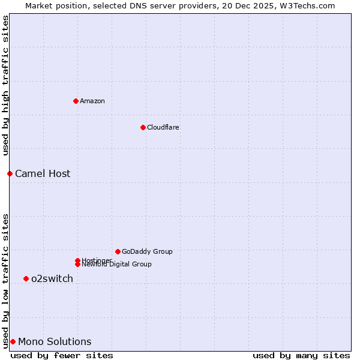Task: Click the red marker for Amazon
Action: (x=76, y=101)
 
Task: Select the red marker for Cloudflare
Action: (x=143, y=127)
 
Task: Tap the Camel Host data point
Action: (x=10, y=173)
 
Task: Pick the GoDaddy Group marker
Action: (x=118, y=251)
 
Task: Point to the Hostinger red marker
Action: (x=77, y=260)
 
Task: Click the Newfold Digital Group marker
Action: (x=77, y=265)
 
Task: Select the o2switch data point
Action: (x=26, y=278)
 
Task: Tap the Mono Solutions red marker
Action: (x=13, y=341)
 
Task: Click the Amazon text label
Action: (x=92, y=101)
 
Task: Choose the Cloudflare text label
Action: (x=163, y=127)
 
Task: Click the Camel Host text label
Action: (x=43, y=173)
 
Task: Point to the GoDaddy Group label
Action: (x=147, y=251)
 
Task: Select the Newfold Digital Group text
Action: (x=116, y=265)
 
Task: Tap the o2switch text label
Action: (x=52, y=278)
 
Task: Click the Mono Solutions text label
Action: (x=55, y=341)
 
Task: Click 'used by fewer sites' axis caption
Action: (x=62, y=355)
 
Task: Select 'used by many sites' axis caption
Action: (x=301, y=355)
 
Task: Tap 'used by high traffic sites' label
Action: (x=5, y=85)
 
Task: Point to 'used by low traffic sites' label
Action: (x=5, y=280)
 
